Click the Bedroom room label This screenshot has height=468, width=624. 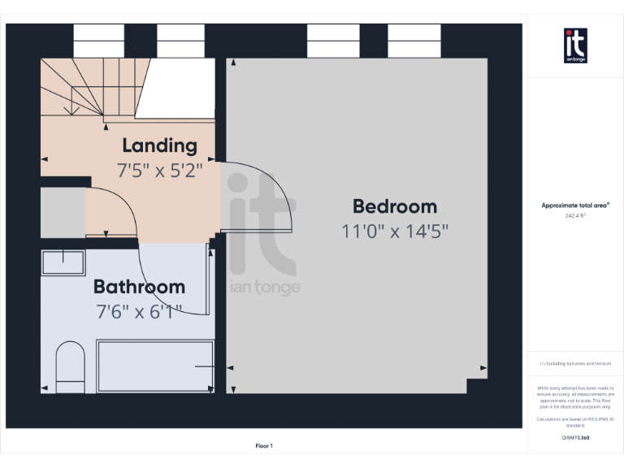coord(394,206)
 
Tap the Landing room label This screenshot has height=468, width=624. coord(159,145)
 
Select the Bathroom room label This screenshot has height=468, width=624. coord(139,287)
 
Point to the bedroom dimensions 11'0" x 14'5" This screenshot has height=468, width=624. coord(395,232)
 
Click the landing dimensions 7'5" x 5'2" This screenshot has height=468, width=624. coord(159,171)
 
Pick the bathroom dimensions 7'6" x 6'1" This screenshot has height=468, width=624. coord(138,310)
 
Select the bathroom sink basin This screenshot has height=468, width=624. coord(63,262)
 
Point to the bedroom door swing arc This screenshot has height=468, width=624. coord(268,199)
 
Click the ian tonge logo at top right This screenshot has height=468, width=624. coord(575,45)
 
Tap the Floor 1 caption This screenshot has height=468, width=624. coord(264,446)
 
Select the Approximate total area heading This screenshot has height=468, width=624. coord(575,206)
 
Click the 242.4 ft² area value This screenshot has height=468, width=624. coord(575,216)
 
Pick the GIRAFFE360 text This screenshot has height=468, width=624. coord(575,438)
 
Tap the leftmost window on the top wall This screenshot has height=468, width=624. coord(98,41)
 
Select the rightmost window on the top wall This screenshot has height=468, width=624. coord(414,41)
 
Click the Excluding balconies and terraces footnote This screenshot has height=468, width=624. coord(575,364)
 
